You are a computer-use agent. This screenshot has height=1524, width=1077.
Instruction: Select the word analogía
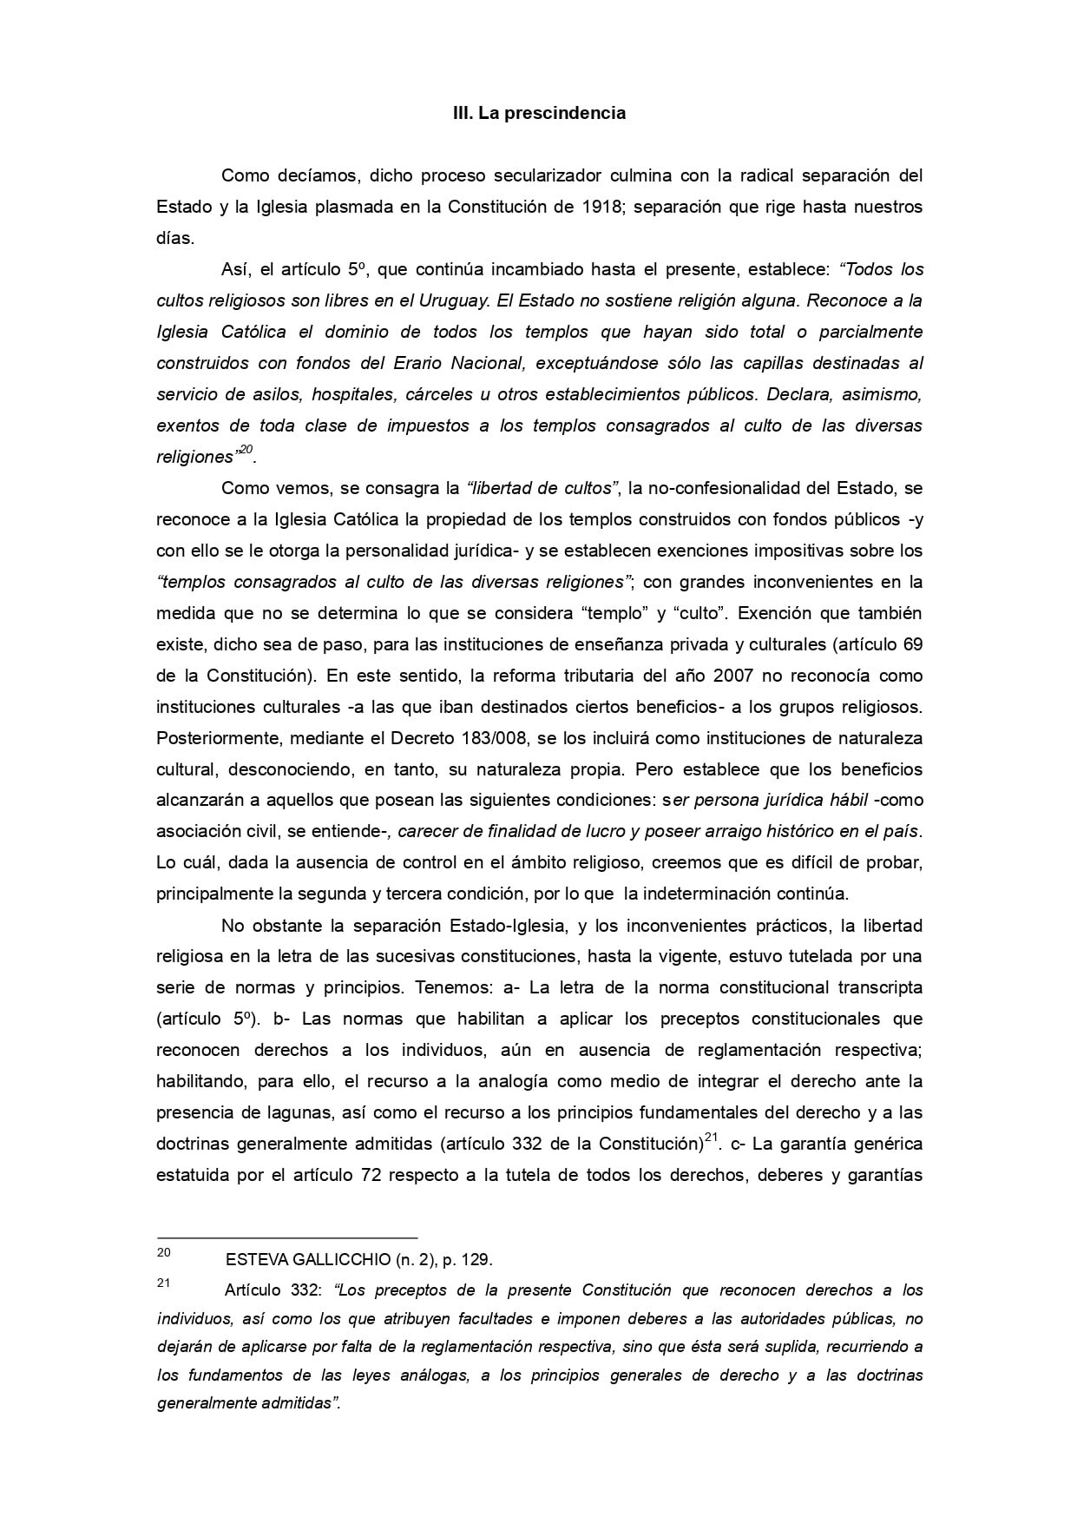[508, 1081]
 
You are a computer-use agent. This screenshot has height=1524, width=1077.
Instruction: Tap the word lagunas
[265, 1112]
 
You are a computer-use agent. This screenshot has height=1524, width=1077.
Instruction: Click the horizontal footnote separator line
[286, 1237]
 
